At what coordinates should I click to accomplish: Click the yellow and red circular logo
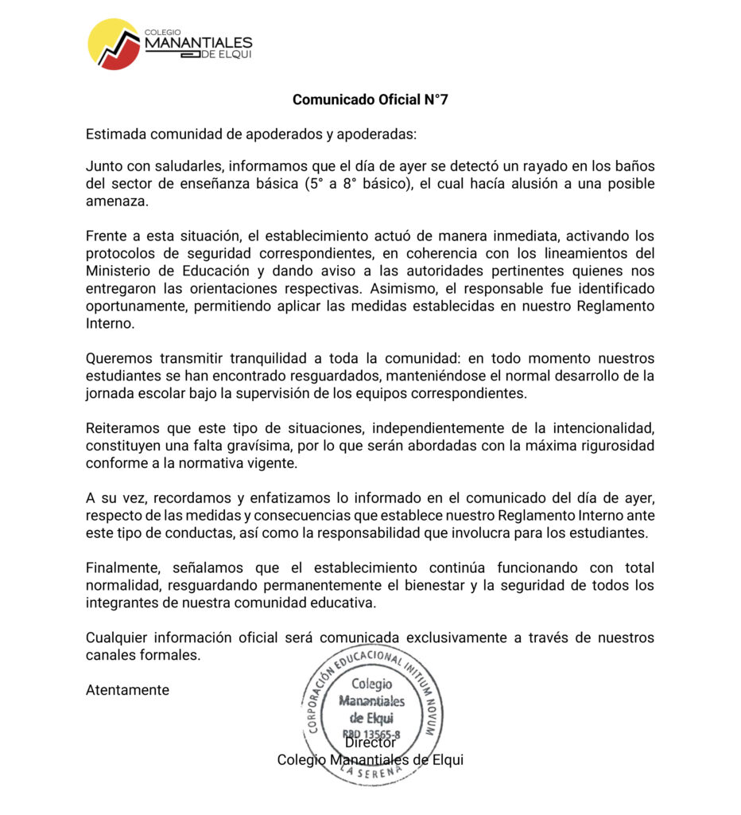click(114, 45)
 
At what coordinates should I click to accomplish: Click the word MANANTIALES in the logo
click(198, 43)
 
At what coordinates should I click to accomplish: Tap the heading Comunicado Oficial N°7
click(370, 100)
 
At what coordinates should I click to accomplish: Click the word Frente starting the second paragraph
click(107, 236)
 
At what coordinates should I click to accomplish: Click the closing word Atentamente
click(127, 690)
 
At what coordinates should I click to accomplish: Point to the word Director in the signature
click(370, 743)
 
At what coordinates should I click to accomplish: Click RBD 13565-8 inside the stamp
click(370, 733)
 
